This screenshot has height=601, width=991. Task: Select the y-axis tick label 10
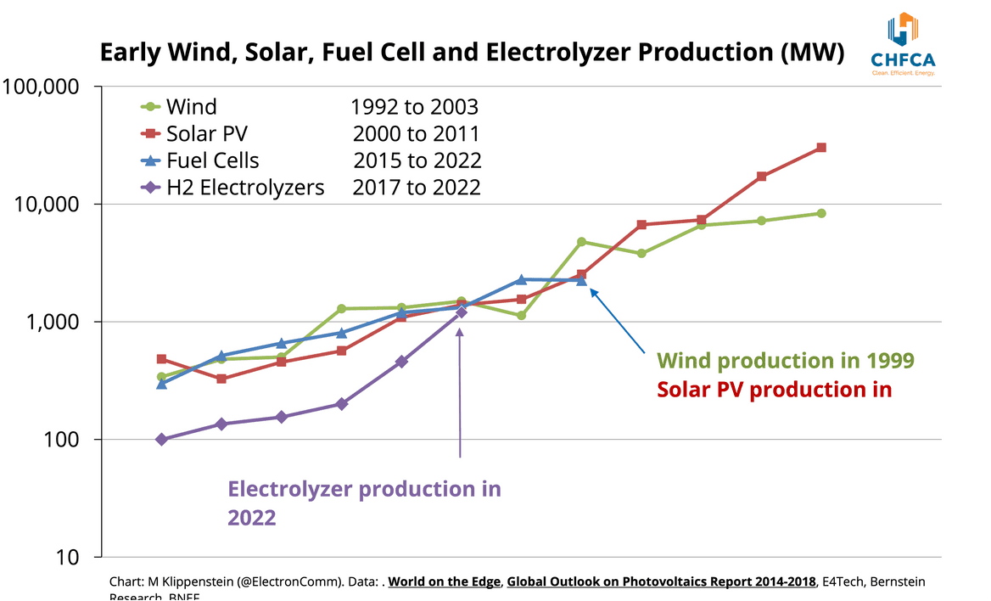tap(69, 558)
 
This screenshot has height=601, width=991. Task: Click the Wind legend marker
tap(150, 107)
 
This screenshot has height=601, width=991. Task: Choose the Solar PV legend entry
tap(207, 134)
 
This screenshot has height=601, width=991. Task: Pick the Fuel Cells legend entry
tap(212, 160)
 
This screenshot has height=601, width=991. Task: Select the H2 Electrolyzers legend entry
tap(245, 188)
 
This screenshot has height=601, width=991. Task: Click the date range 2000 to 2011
tap(416, 134)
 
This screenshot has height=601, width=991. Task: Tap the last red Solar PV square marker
tap(821, 148)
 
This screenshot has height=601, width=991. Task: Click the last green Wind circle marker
tap(821, 213)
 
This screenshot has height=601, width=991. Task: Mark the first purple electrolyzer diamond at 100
tap(161, 440)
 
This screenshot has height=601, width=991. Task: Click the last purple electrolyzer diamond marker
tap(461, 312)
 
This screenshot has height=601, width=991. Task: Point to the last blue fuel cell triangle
tap(581, 280)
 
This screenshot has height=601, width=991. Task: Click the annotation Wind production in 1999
tap(786, 361)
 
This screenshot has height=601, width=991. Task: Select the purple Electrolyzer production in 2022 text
tap(364, 503)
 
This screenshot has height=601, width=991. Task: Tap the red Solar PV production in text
tap(774, 390)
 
